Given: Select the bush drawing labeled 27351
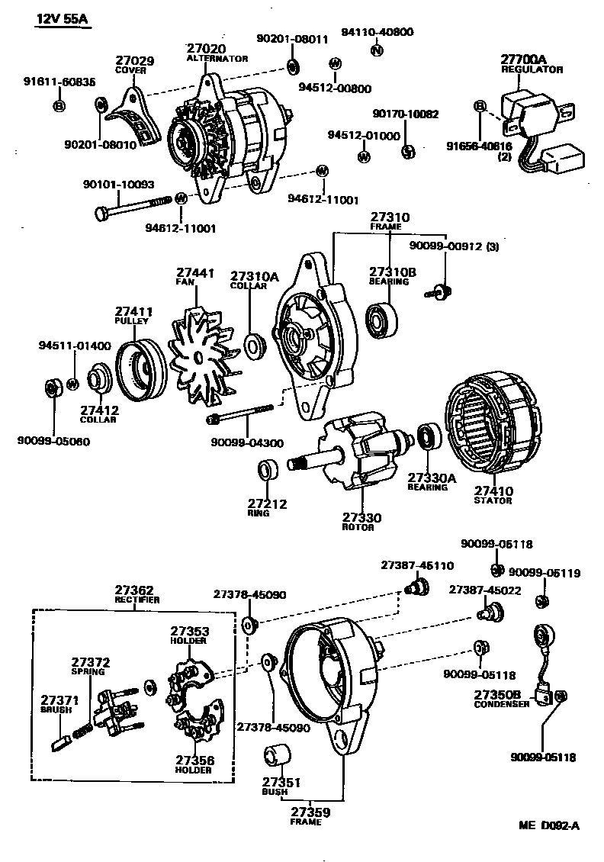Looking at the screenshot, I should [x=278, y=758].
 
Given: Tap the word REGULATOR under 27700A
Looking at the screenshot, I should [x=532, y=69].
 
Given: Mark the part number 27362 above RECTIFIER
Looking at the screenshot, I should [x=134, y=590].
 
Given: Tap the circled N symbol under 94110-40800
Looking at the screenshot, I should [x=375, y=51].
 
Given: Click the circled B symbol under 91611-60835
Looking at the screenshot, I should [x=59, y=105].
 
